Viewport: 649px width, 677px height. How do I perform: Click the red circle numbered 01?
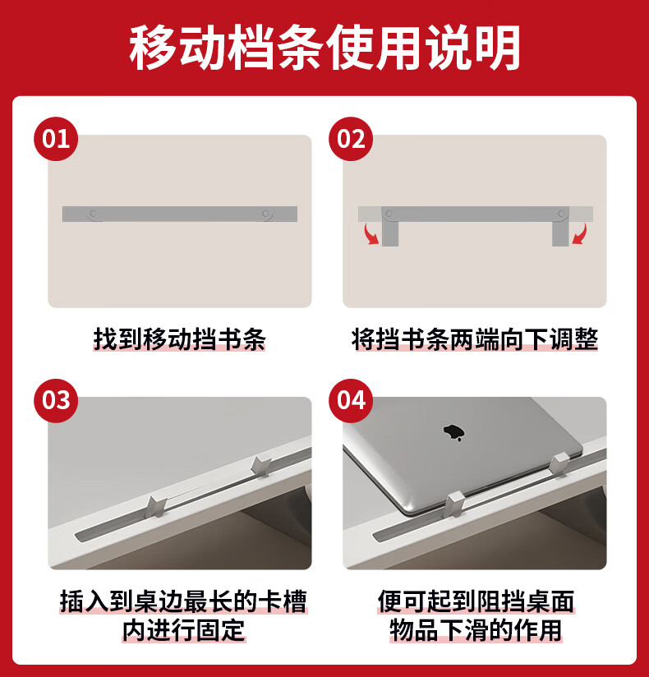click(x=56, y=139)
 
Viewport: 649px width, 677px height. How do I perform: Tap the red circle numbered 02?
click(x=351, y=139)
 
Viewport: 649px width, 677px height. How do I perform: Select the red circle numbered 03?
click(x=56, y=401)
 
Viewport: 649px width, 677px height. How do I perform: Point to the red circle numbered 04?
click(x=351, y=401)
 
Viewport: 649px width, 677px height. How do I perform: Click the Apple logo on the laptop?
click(x=453, y=433)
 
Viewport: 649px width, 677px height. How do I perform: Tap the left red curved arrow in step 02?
click(x=371, y=234)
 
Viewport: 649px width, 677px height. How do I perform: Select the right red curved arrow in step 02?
click(x=579, y=234)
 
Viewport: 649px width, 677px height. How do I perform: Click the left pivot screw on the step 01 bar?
click(x=94, y=214)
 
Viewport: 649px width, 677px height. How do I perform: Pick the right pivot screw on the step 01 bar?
click(x=266, y=214)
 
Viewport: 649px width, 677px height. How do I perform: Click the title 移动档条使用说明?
click(x=324, y=48)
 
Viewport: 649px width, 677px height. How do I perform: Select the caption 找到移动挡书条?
click(x=179, y=339)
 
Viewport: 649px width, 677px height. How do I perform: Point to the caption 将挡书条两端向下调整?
click(x=475, y=339)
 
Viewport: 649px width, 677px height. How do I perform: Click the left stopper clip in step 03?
click(x=156, y=506)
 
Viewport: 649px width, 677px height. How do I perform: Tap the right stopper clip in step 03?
click(x=260, y=467)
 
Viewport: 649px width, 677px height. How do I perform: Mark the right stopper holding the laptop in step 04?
click(x=559, y=464)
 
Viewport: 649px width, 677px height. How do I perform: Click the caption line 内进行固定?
click(x=184, y=630)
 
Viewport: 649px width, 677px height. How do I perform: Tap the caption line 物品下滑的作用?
click(x=476, y=630)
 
